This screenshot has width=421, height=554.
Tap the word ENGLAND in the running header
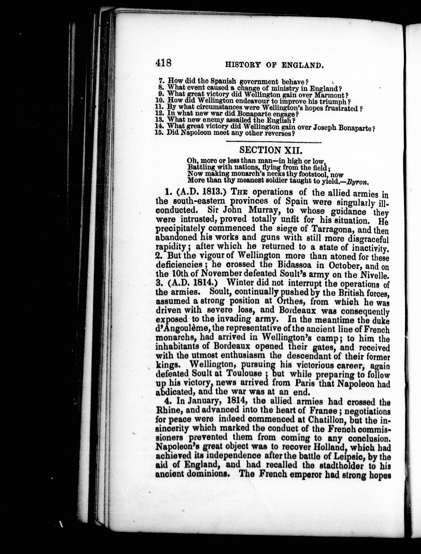pos(302,66)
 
